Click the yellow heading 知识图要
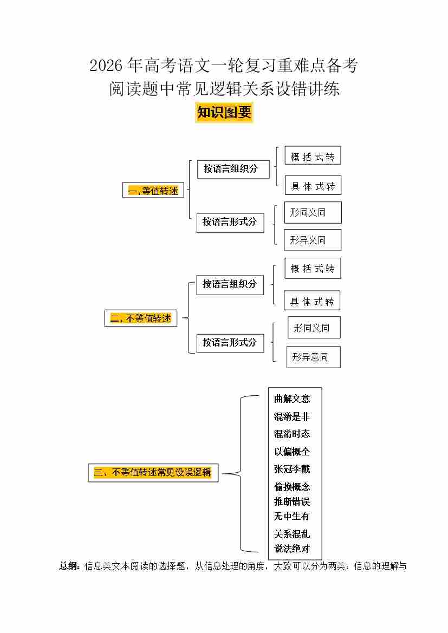(224, 113)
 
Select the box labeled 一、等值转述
(153, 190)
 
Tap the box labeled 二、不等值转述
(141, 318)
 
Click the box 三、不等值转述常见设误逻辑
(153, 472)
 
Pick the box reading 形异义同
(313, 240)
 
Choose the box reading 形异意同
(313, 357)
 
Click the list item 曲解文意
(292, 399)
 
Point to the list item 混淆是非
(292, 416)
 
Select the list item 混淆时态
(292, 434)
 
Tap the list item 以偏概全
(292, 452)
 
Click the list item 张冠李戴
(292, 469)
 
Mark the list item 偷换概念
(292, 487)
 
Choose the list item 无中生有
(292, 516)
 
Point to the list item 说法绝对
(292, 549)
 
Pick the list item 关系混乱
(292, 534)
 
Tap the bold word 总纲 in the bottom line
(69, 566)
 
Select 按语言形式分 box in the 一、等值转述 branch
(230, 221)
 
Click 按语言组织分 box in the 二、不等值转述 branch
(230, 284)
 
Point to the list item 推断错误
(292, 501)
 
